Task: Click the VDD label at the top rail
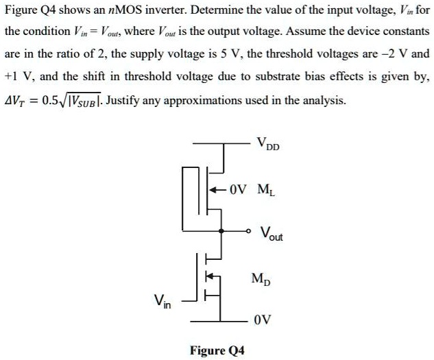[x=268, y=145]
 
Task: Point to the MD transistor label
[x=261, y=278]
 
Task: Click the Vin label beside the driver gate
[x=162, y=300]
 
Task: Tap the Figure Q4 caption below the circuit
[x=217, y=350]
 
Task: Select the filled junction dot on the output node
[x=220, y=230]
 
